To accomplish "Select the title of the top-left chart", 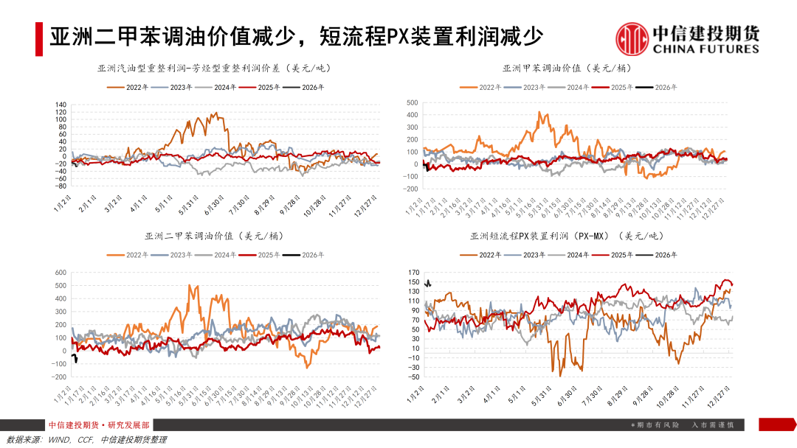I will tap(214, 68).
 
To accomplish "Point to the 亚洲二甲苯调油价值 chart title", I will tap(214, 236).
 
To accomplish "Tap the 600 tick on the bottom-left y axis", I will tap(61, 273).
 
